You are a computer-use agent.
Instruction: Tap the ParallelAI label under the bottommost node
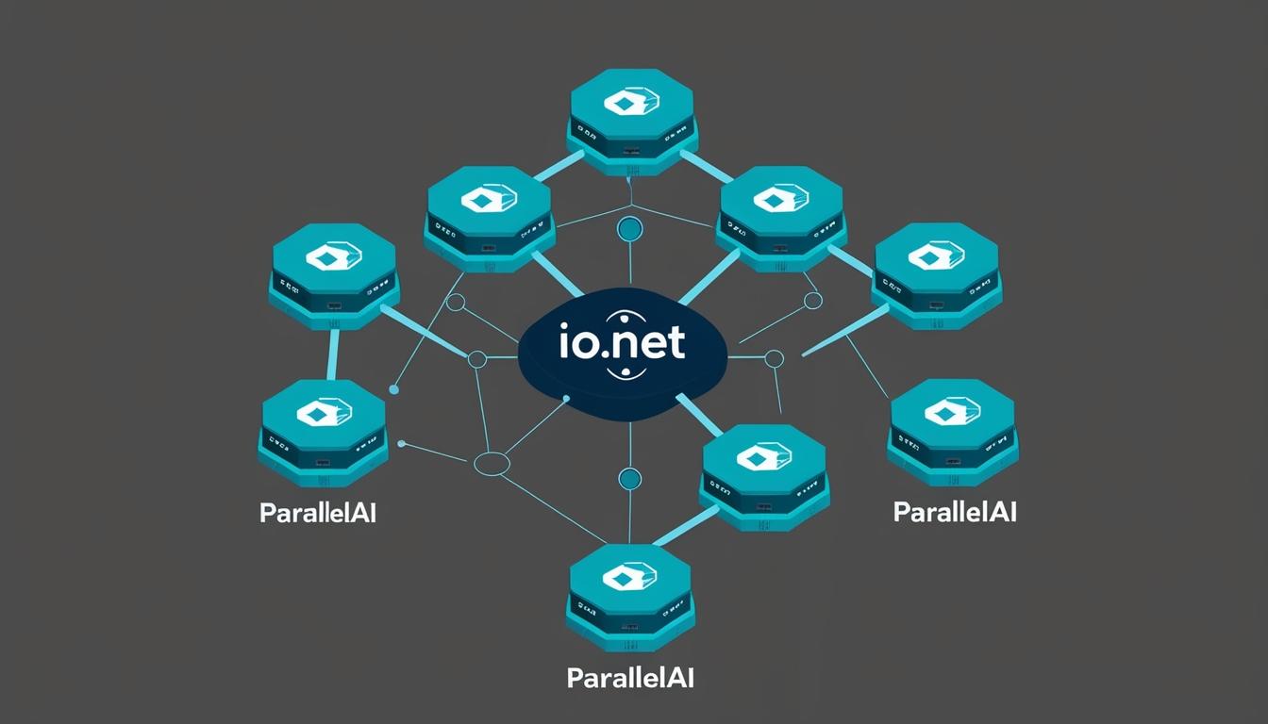(x=630, y=677)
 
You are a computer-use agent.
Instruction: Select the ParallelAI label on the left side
(x=317, y=514)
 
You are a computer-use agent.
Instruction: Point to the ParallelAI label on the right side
(x=954, y=512)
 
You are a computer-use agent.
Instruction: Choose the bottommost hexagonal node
(x=630, y=593)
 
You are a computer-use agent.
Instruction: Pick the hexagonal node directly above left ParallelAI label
(x=324, y=429)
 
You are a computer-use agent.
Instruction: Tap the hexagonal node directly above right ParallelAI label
(x=953, y=428)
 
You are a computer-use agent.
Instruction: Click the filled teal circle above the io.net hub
(x=629, y=227)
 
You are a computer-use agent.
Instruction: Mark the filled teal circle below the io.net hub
(x=629, y=479)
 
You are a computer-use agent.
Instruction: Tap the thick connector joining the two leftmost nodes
(x=332, y=354)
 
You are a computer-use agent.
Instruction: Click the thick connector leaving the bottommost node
(x=683, y=531)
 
